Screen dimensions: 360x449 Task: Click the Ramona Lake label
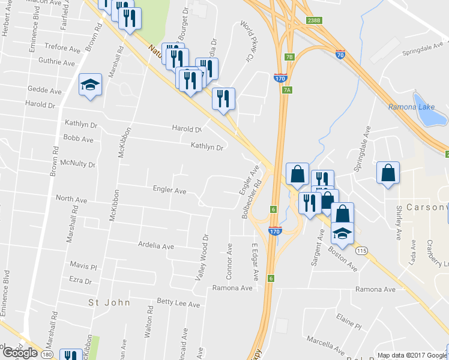pyautogui.click(x=406, y=107)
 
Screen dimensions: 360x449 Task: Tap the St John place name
pyautogui.click(x=109, y=302)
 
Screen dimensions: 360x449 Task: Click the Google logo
pyautogui.click(x=20, y=353)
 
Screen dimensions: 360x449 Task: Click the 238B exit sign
pyautogui.click(x=313, y=20)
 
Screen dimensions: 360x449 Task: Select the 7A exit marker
pyautogui.click(x=288, y=89)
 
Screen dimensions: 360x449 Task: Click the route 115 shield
pyautogui.click(x=361, y=250)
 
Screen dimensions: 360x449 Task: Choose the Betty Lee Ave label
pyautogui.click(x=178, y=304)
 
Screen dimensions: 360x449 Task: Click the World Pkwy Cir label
pyautogui.click(x=247, y=41)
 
